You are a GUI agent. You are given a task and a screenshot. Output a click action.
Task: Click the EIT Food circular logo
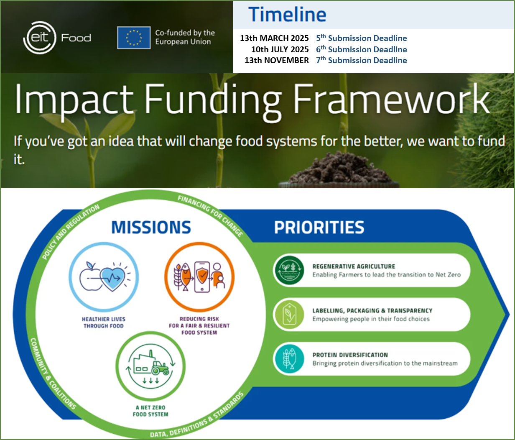[40, 38]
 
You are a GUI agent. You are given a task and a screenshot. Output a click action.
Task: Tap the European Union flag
[134, 38]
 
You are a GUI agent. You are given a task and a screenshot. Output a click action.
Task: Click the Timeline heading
[287, 15]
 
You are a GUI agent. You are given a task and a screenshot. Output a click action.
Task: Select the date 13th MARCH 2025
[274, 38]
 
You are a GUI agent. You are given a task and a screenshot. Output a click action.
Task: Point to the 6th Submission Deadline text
[361, 49]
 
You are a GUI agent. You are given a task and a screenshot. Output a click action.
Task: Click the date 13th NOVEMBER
[277, 60]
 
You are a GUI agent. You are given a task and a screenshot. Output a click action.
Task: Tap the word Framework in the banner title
[391, 99]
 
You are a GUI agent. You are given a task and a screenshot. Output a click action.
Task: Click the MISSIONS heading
[151, 228]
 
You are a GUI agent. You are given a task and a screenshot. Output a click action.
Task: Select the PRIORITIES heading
[319, 228]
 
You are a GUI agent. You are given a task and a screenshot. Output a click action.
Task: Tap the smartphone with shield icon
[202, 277]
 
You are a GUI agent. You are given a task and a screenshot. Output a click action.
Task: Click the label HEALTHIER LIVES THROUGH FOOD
[104, 322]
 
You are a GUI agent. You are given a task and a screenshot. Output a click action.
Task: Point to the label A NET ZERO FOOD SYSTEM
[150, 411]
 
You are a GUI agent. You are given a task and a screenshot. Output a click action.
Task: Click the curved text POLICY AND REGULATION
[71, 232]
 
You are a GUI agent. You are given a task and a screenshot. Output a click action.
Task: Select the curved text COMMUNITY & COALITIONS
[52, 374]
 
